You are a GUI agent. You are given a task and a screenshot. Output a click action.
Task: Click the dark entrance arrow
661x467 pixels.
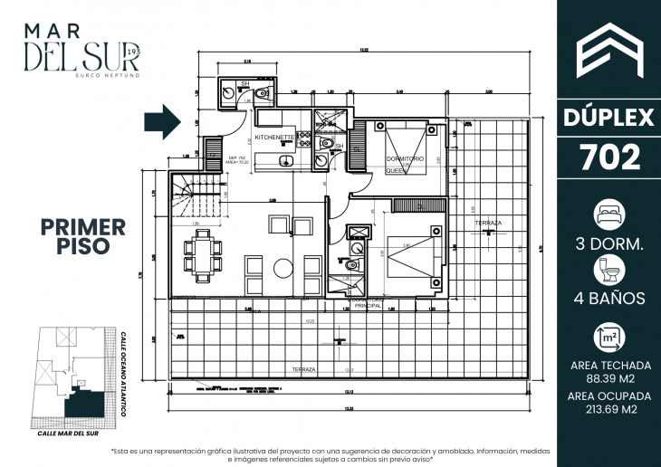[x=164, y=122]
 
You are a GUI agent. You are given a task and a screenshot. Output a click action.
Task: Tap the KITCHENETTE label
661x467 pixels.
[x=273, y=138]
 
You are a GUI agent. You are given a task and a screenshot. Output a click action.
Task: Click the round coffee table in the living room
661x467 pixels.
[x=283, y=268]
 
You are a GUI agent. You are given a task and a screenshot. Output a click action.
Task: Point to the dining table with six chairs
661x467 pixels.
[x=200, y=253]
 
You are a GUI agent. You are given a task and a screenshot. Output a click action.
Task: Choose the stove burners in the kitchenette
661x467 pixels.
[x=304, y=139]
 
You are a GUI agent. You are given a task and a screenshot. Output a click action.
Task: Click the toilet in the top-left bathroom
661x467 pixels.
[x=262, y=92]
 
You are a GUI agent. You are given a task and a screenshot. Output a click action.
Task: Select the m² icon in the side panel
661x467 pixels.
[x=608, y=338]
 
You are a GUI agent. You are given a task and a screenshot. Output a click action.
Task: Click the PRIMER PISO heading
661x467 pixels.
[x=83, y=235]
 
